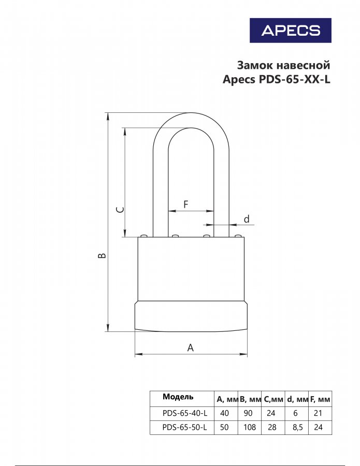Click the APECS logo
(291, 31)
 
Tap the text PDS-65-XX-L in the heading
(295, 79)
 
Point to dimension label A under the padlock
(191, 347)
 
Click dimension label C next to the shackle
(120, 210)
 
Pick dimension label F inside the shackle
(186, 205)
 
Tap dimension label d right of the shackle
(247, 219)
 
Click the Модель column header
(178, 397)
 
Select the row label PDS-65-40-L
(185, 413)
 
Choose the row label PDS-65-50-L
(185, 427)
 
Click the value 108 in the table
(250, 427)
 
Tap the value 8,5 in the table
(297, 427)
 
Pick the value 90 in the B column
(248, 413)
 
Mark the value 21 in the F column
(318, 413)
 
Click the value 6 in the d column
(295, 413)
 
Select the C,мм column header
(273, 399)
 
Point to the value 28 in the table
(272, 427)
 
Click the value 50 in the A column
(224, 427)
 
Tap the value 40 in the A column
(224, 413)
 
